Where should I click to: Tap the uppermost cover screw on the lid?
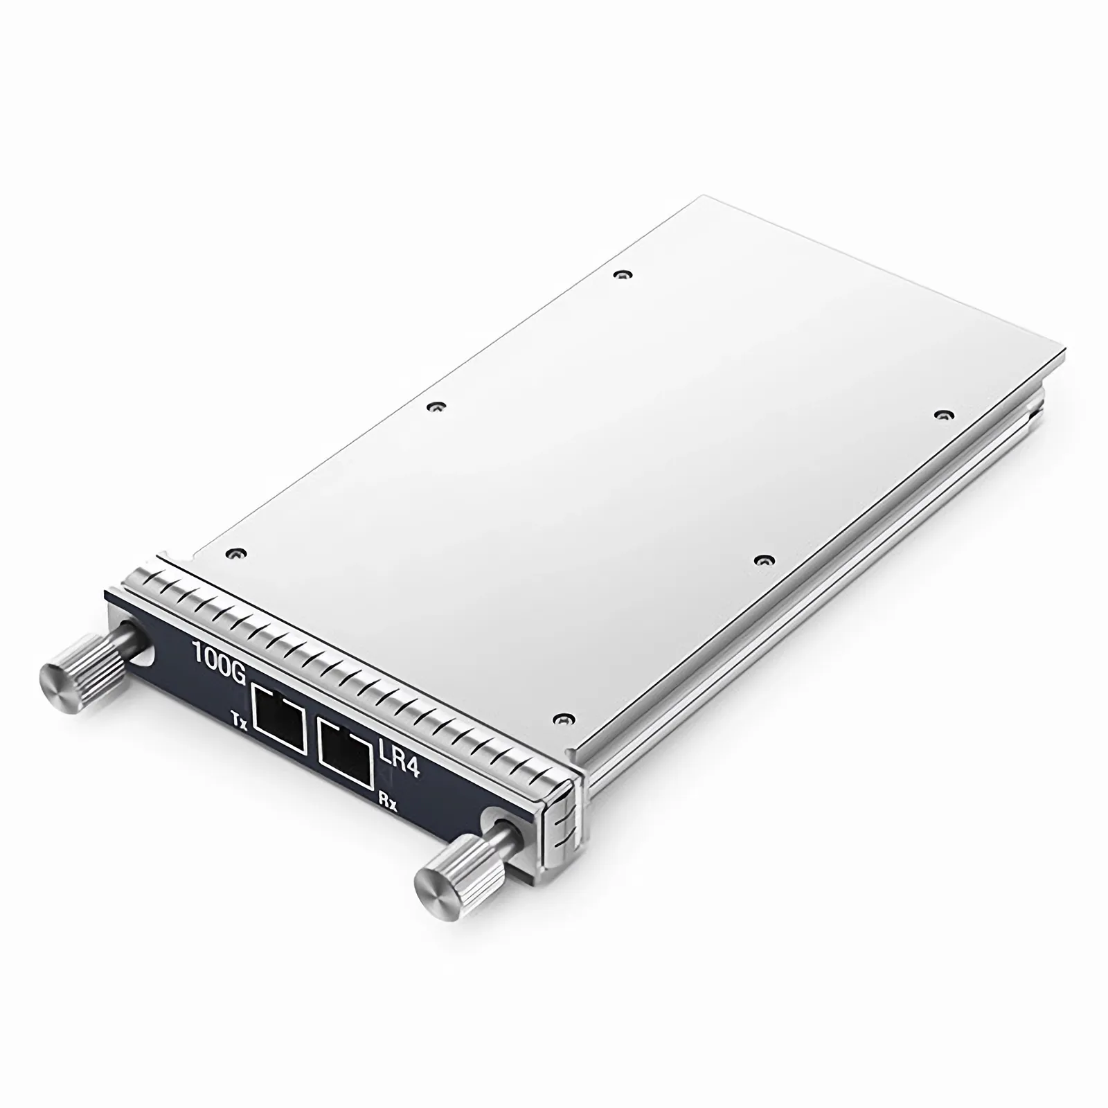[625, 274]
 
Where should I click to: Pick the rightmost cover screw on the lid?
[940, 414]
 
